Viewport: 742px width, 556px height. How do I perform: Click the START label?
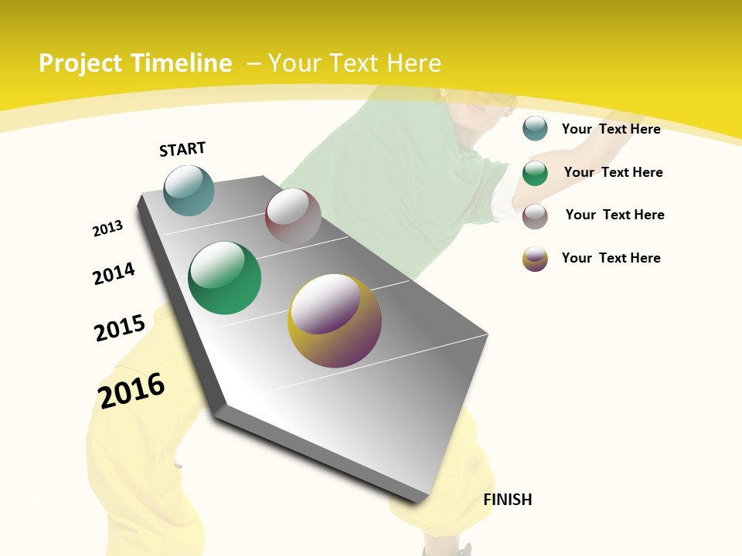click(x=182, y=149)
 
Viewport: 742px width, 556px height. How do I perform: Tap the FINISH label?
click(x=508, y=500)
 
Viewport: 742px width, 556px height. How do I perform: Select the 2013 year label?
click(x=107, y=229)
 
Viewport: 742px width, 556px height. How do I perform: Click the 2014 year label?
click(x=114, y=273)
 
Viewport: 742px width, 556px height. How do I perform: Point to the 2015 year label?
click(x=120, y=327)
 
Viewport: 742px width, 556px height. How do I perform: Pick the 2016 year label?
click(x=131, y=390)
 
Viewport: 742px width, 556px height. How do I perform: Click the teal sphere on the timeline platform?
click(x=189, y=190)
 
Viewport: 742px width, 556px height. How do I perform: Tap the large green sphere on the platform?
click(x=225, y=278)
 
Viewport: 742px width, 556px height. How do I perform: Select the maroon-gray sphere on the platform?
click(x=293, y=216)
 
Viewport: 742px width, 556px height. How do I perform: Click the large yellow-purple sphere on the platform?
click(x=335, y=320)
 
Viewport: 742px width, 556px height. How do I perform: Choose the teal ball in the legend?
click(x=535, y=128)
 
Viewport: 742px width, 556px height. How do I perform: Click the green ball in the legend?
click(x=535, y=172)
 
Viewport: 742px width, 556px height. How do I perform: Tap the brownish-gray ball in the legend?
click(x=535, y=216)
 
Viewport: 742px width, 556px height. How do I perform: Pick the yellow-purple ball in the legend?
click(x=535, y=259)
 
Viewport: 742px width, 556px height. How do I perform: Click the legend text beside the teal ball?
click(x=611, y=129)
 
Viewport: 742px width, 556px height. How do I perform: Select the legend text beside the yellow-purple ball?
click(x=611, y=258)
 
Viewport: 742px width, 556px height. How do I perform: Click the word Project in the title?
click(x=80, y=63)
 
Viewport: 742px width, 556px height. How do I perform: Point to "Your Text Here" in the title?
click(x=355, y=63)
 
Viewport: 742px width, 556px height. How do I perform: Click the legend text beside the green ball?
click(x=613, y=172)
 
